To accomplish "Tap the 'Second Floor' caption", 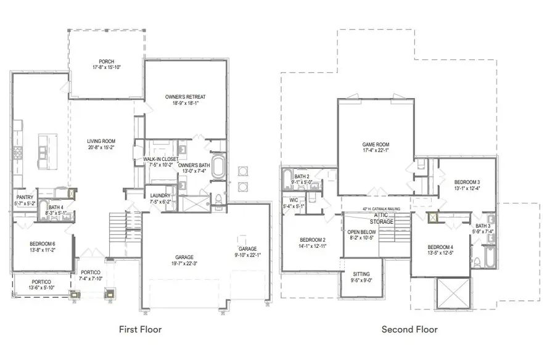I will (x=409, y=329).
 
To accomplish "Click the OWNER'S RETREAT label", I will (x=185, y=97).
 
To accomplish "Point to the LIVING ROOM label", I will (x=101, y=141).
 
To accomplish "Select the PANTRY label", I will (x=25, y=197).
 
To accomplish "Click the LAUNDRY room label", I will (x=160, y=196).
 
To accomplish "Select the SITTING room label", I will (x=361, y=274).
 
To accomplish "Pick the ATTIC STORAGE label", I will (x=381, y=218).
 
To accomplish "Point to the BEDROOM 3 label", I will (x=467, y=182).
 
